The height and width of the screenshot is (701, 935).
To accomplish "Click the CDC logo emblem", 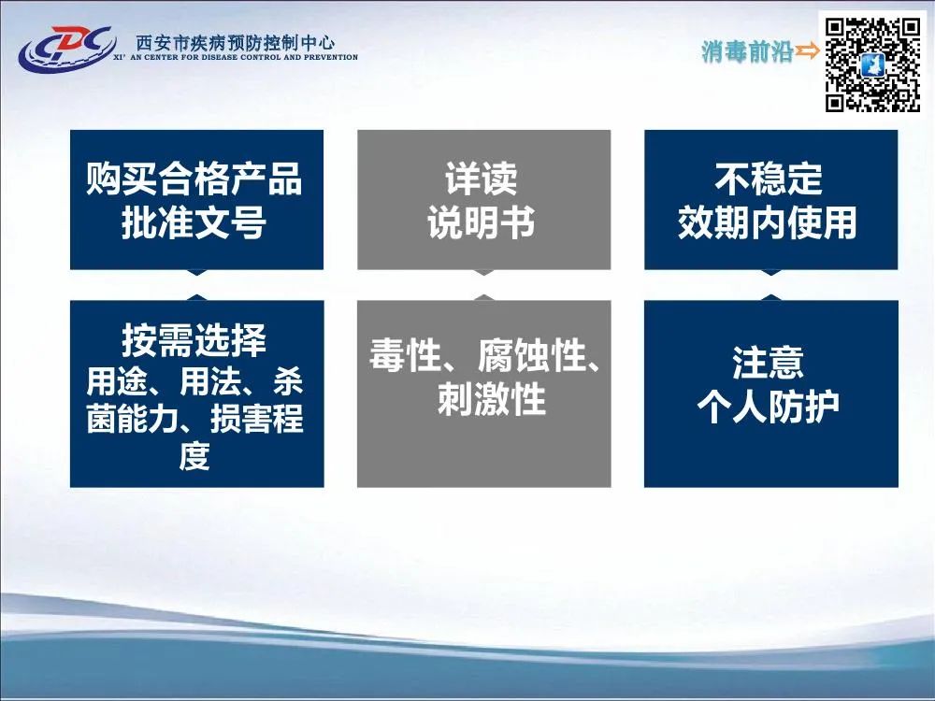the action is tap(66, 48).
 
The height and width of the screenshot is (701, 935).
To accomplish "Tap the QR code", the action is tap(872, 65).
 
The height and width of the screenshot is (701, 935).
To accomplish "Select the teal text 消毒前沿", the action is tap(746, 51).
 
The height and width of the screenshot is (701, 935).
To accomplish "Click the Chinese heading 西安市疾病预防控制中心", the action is tap(236, 42).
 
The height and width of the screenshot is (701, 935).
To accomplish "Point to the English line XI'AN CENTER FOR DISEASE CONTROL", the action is tap(236, 58).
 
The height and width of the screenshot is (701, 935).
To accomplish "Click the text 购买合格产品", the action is tap(194, 179).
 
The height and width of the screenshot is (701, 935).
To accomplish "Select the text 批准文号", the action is tap(194, 222).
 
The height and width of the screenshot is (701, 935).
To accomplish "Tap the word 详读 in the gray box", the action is tap(482, 179).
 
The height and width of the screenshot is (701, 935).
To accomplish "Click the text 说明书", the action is tap(482, 222).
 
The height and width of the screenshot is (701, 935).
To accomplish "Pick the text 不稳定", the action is tap(769, 179).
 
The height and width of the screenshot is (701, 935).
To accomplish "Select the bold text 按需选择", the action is tap(194, 340).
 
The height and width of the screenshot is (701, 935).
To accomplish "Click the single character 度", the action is tap(195, 456).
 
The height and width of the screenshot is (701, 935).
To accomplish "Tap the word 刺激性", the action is tap(492, 399).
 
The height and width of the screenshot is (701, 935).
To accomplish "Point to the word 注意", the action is tap(769, 363).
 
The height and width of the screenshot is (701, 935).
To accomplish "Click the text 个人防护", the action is tap(769, 407).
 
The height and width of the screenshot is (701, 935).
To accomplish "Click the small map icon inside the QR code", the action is tap(872, 65).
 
